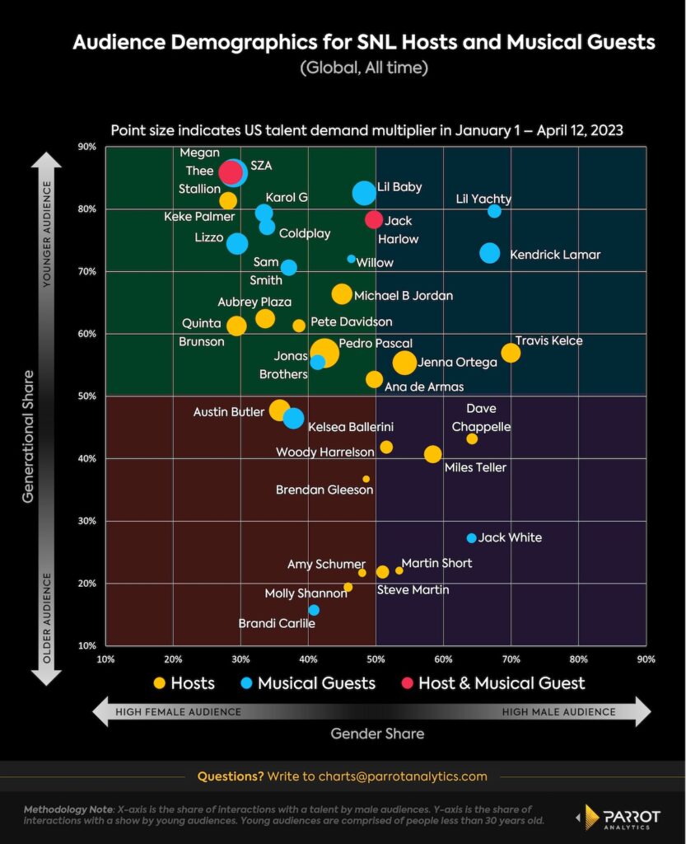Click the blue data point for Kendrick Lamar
pyautogui.click(x=490, y=253)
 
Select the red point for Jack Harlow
pyautogui.click(x=374, y=219)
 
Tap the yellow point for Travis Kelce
pyautogui.click(x=511, y=353)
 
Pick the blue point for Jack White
pyautogui.click(x=471, y=538)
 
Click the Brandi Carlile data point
pyautogui.click(x=314, y=610)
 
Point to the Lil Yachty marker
pyautogui.click(x=494, y=211)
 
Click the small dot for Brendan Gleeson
pyautogui.click(x=366, y=479)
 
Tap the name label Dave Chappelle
pyautogui.click(x=481, y=418)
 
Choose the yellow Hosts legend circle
pyautogui.click(x=160, y=683)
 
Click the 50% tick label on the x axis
pyautogui.click(x=376, y=659)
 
